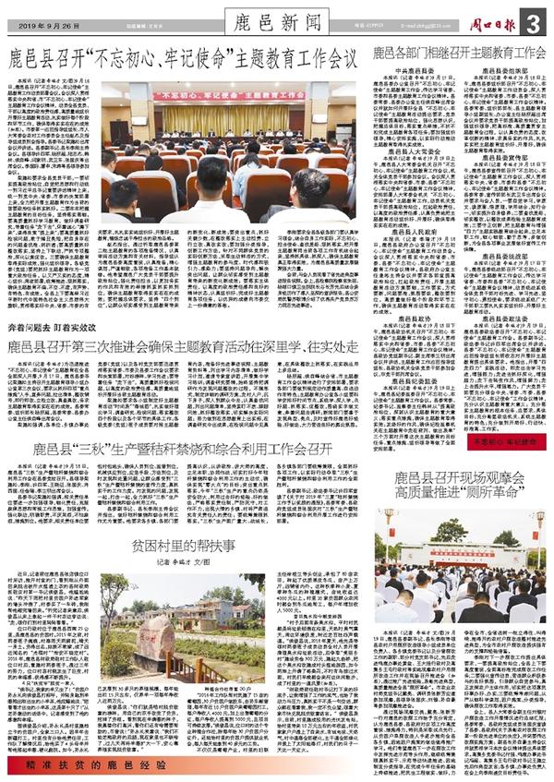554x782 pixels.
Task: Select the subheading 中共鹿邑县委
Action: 414,68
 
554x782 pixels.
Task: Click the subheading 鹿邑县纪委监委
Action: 414,355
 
